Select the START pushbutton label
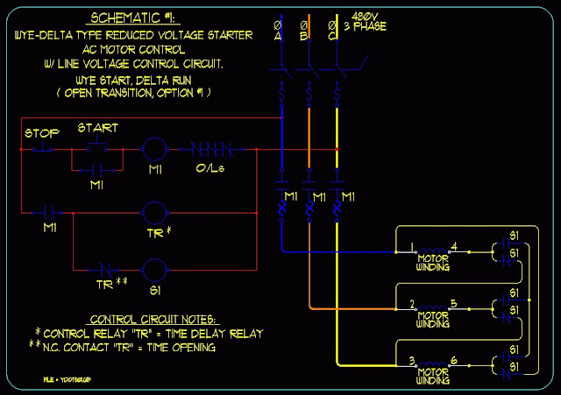[x=97, y=128]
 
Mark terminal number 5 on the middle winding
[x=451, y=304]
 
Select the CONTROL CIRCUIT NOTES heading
[x=152, y=318]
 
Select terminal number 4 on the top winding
[x=452, y=244]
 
